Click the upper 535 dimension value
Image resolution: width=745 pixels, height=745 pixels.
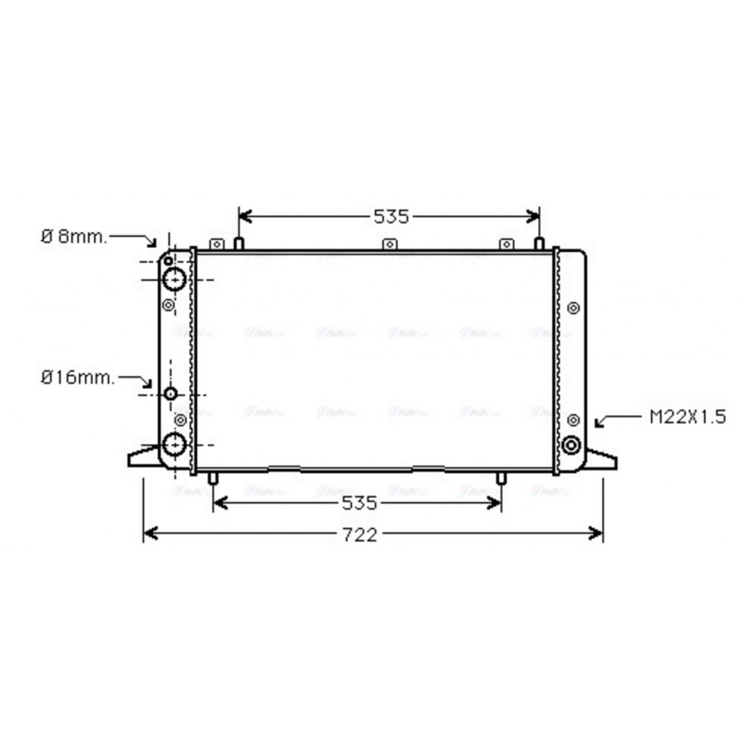(x=391, y=217)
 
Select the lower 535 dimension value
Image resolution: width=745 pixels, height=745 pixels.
(x=360, y=504)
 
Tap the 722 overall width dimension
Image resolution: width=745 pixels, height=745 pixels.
(x=360, y=535)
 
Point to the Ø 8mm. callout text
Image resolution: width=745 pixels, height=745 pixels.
(x=73, y=237)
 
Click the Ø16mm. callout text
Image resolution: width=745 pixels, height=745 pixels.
(x=78, y=378)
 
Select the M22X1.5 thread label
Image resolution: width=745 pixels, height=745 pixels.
(x=687, y=417)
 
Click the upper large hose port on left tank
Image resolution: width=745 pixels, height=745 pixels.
(x=174, y=279)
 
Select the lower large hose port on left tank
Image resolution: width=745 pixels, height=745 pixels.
(x=174, y=444)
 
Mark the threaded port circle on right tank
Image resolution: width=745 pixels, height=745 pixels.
(x=571, y=445)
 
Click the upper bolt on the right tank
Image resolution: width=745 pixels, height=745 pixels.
(x=572, y=308)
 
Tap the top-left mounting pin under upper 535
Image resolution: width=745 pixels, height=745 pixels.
(x=239, y=244)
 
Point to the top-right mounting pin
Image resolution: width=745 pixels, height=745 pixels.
(x=539, y=244)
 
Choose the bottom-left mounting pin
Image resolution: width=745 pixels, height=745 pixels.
(x=213, y=478)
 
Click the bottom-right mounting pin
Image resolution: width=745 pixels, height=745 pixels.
(x=501, y=478)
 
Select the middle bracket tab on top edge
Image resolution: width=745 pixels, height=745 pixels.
(x=388, y=244)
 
